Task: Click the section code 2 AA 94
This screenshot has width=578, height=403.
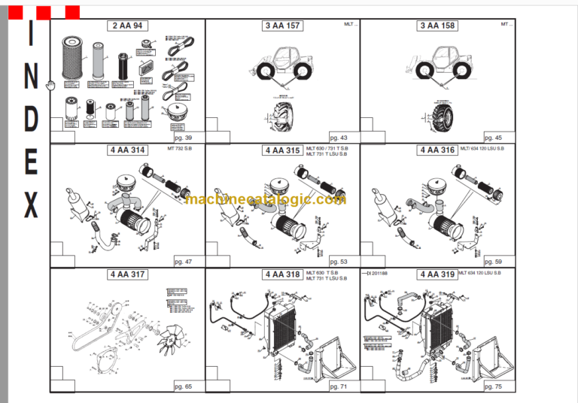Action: pos(127,26)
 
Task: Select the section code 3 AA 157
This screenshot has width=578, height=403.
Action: pos(282,26)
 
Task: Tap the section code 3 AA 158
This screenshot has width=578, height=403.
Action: pos(437,26)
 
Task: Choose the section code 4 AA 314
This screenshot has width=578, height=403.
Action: pos(127,150)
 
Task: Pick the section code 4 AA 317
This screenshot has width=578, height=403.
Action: pos(127,274)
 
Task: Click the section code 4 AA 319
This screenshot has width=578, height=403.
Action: pos(437,274)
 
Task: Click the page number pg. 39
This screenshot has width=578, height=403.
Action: pos(184,138)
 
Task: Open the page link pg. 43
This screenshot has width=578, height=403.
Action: pos(339,138)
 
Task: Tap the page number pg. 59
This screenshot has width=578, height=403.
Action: pos(493,262)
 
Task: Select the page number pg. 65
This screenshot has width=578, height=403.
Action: pos(184,386)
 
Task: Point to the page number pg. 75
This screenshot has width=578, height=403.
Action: pos(493,386)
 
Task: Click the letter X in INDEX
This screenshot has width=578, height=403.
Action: pos(31,205)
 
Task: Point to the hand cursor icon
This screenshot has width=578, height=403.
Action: pos(50,85)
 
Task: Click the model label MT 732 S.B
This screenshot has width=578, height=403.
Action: pos(172,150)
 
